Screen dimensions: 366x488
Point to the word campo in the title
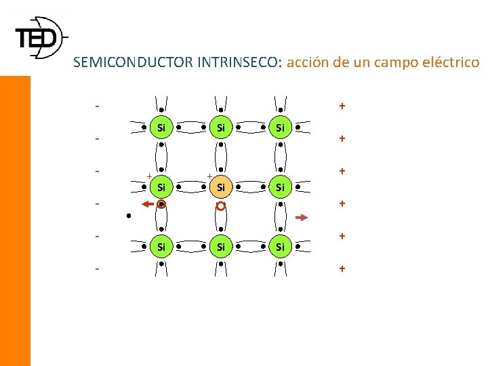point(384,63)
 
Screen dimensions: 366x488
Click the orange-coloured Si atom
point(220,186)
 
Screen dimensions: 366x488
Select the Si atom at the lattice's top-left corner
point(161,127)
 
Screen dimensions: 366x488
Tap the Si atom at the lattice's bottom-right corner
point(280,247)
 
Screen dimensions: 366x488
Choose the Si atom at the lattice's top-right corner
point(280,127)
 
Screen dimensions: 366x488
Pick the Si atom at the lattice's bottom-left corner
point(161,247)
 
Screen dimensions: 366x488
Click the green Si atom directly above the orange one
point(220,127)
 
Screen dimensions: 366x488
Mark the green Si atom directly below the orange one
point(220,247)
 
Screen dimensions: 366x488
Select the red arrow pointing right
point(302,218)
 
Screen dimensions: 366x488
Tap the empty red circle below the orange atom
point(220,205)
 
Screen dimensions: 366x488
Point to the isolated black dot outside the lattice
point(128,217)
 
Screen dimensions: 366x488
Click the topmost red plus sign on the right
point(342,106)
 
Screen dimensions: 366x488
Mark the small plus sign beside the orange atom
point(209,176)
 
